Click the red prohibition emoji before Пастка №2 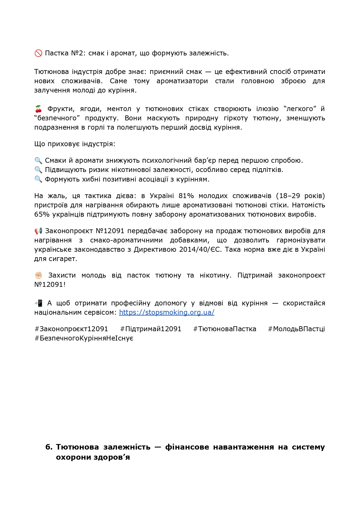point(38,53)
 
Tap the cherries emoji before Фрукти point(38,109)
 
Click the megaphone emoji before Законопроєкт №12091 point(38,231)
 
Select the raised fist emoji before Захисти point(38,275)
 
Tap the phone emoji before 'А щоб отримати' point(38,303)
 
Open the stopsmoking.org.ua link point(167,312)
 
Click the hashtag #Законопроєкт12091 point(71,329)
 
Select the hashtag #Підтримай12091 point(151,329)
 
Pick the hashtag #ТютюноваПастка point(225,329)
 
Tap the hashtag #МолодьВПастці point(296,329)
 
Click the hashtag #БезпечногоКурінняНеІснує point(84,338)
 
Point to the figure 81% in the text point(186,196)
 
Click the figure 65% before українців point(42,214)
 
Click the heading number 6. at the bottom point(49,447)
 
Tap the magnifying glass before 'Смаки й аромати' point(38,160)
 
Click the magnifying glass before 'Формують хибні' point(38,179)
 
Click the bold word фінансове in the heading point(187,447)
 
